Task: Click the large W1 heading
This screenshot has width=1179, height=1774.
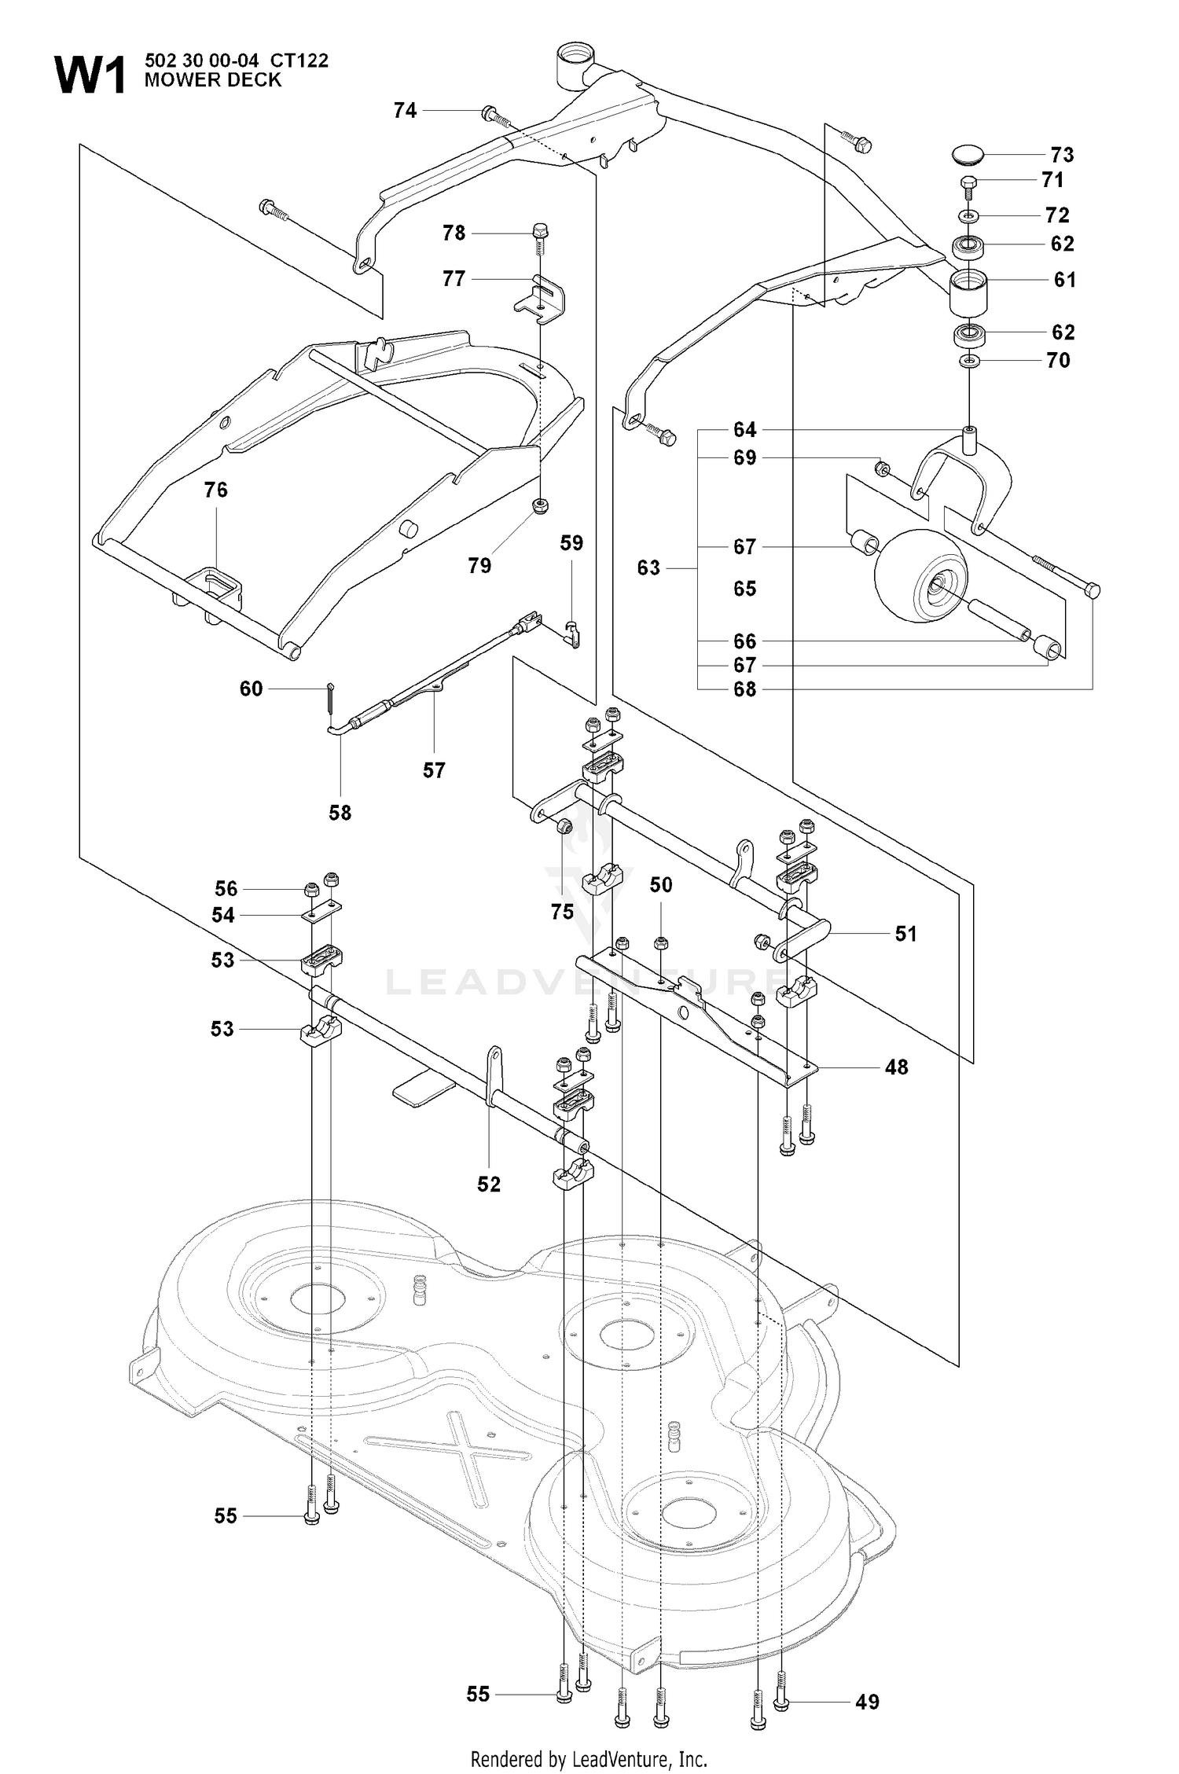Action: [x=90, y=76]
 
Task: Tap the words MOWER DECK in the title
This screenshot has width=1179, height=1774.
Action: [x=213, y=80]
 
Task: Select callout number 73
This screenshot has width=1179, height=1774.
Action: [x=1062, y=155]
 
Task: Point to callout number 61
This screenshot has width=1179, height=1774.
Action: [x=1065, y=280]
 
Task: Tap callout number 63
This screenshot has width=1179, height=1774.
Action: [x=648, y=567]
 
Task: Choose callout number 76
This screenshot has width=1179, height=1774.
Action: [x=215, y=490]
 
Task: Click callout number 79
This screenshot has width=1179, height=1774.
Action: [x=479, y=566]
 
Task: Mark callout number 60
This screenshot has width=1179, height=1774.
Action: [x=251, y=689]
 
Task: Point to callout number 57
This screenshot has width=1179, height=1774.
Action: [x=434, y=770]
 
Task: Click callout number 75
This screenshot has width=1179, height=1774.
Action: [x=562, y=912]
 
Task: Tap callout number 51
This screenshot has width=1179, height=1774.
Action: [x=906, y=934]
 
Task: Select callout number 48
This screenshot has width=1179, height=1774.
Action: [x=897, y=1067]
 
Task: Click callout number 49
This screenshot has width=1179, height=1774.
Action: [x=867, y=1702]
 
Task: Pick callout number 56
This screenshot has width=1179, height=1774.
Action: [x=226, y=889]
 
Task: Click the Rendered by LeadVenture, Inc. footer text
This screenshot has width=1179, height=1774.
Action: [x=589, y=1759]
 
